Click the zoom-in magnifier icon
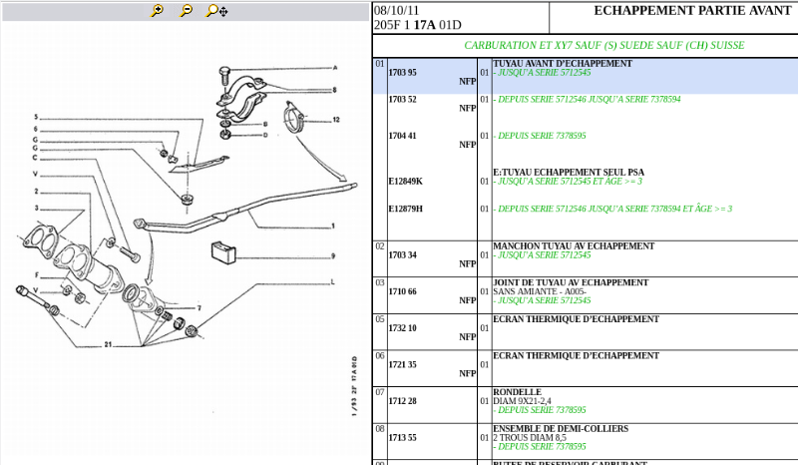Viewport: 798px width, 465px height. pyautogui.click(x=158, y=11)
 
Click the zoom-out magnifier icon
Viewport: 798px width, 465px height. pyautogui.click(x=187, y=11)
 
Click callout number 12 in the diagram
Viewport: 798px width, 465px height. pyautogui.click(x=336, y=120)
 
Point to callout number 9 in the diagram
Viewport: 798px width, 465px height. pyautogui.click(x=332, y=255)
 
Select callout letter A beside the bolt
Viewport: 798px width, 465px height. pyautogui.click(x=334, y=68)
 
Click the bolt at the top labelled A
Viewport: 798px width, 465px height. pyautogui.click(x=225, y=75)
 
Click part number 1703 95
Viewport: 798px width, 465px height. pyautogui.click(x=402, y=73)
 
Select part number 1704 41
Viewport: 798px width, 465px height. pyautogui.click(x=402, y=136)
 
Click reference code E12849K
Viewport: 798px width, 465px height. pyautogui.click(x=405, y=182)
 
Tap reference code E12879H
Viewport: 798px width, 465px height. pyautogui.click(x=405, y=209)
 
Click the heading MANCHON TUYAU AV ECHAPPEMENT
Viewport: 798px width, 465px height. pyautogui.click(x=574, y=245)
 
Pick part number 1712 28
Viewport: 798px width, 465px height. pyautogui.click(x=402, y=401)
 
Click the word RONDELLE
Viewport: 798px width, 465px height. pyautogui.click(x=517, y=392)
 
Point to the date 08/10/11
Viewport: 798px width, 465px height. pyautogui.click(x=397, y=11)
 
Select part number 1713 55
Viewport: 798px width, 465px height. pyautogui.click(x=402, y=437)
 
